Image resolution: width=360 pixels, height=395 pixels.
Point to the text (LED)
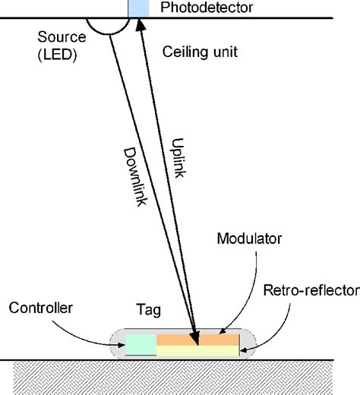55,55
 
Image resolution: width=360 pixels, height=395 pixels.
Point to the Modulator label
250,239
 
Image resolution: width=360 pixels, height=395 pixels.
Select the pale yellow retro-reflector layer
197,351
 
